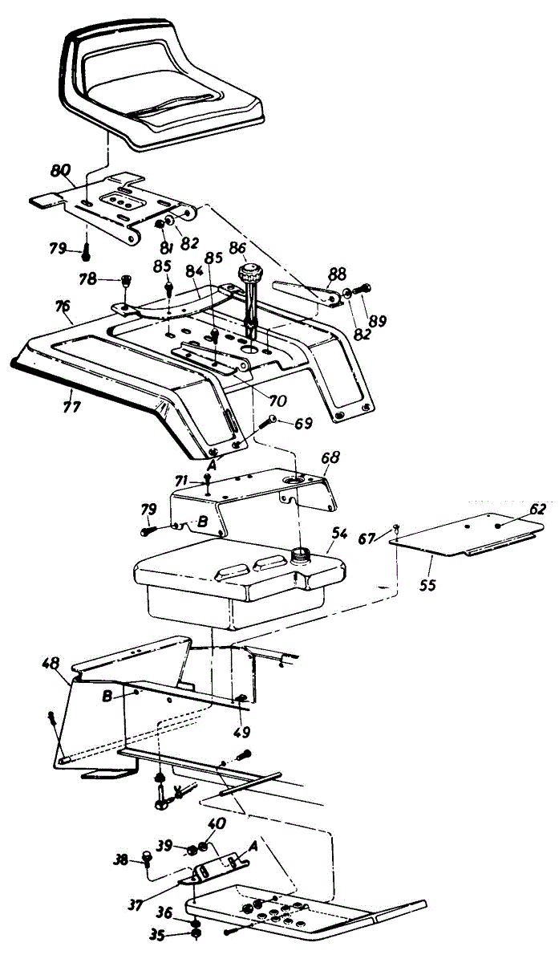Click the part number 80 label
pyautogui.click(x=60, y=171)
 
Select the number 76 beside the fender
pyautogui.click(x=63, y=307)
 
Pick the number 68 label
pyautogui.click(x=330, y=457)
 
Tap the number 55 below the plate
pyautogui.click(x=427, y=585)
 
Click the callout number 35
pyautogui.click(x=158, y=934)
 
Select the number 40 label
pyautogui.click(x=217, y=823)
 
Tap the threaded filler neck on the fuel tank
pyautogui.click(x=302, y=554)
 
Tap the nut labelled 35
pyautogui.click(x=195, y=934)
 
